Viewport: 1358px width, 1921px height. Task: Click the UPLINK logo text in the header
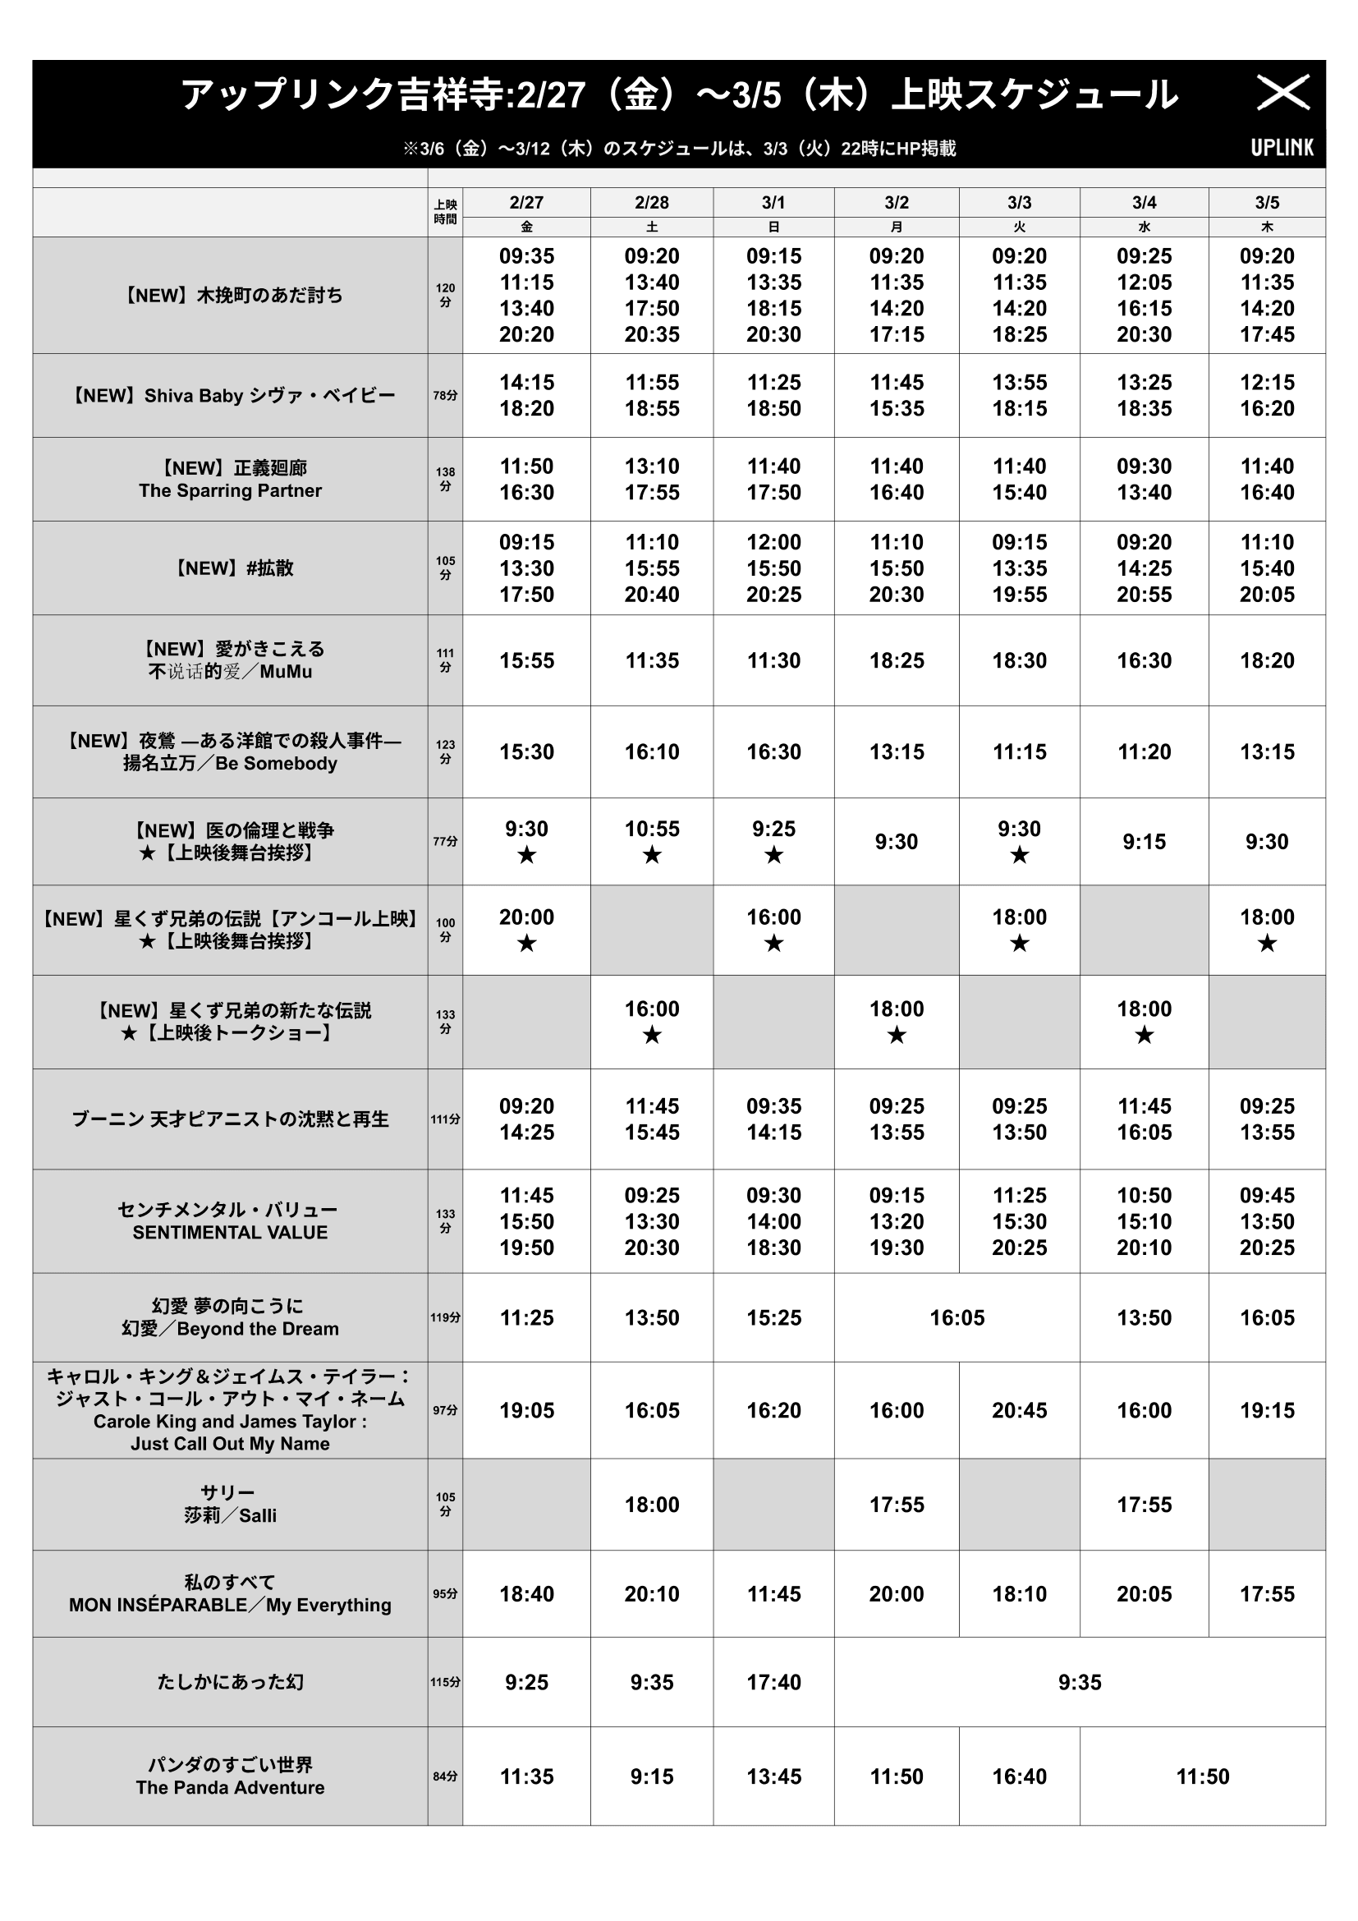pyautogui.click(x=1282, y=147)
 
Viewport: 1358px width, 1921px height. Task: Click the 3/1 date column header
pyautogui.click(x=773, y=203)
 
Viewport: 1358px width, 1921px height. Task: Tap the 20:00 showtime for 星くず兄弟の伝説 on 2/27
pyautogui.click(x=527, y=918)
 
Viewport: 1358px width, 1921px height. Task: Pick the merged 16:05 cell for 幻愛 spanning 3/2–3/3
pyautogui.click(x=957, y=1317)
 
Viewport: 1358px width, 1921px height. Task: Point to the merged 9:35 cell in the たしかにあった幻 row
pyautogui.click(x=1080, y=1682)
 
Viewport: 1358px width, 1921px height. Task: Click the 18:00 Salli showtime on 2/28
pyautogui.click(x=651, y=1505)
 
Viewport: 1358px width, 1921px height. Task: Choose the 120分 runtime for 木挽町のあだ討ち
pyautogui.click(x=445, y=296)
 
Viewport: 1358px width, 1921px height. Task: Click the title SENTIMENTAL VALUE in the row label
pyautogui.click(x=230, y=1233)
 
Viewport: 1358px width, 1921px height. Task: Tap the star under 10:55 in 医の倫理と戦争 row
pyautogui.click(x=651, y=856)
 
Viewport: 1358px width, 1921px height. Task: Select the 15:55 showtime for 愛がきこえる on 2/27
pyautogui.click(x=527, y=660)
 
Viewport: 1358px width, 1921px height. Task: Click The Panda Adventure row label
pyautogui.click(x=230, y=1787)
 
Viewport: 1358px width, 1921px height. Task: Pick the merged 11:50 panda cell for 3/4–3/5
pyautogui.click(x=1203, y=1776)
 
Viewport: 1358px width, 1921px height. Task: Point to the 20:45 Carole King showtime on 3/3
pyautogui.click(x=1020, y=1410)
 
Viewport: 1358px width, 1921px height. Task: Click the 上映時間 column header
pyautogui.click(x=445, y=212)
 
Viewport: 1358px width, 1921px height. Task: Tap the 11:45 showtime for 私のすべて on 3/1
pyautogui.click(x=773, y=1594)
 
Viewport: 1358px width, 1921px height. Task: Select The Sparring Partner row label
pyautogui.click(x=230, y=491)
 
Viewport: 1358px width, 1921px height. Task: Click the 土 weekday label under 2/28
pyautogui.click(x=651, y=227)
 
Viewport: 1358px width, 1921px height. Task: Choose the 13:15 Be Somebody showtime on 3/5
pyautogui.click(x=1267, y=751)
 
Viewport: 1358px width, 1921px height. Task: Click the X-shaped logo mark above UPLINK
pyautogui.click(x=1282, y=93)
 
